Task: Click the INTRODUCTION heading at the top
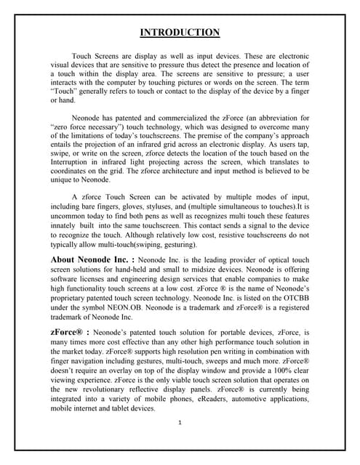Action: pos(180,32)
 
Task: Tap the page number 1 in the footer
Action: pos(180,423)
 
